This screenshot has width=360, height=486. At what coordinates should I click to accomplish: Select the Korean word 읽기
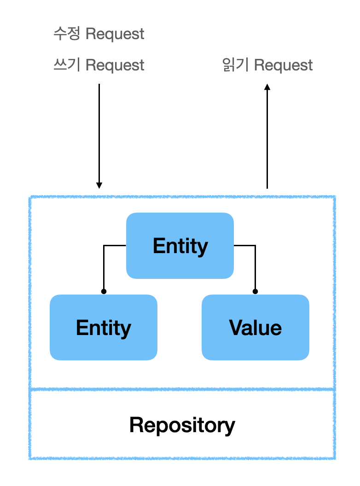coord(236,65)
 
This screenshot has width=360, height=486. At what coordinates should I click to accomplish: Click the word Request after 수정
coord(115,34)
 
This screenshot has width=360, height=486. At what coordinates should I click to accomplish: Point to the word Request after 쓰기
coord(115,65)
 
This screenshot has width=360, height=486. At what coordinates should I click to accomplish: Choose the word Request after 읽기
coord(284,65)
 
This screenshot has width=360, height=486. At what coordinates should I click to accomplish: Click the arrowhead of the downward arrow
coord(99,185)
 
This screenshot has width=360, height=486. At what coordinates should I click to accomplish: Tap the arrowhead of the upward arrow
coord(267,87)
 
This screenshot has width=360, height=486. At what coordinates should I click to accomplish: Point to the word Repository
coord(182,425)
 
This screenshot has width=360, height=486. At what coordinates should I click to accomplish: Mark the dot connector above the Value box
coord(255,291)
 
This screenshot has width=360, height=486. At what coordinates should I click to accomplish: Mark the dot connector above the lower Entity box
coord(104,291)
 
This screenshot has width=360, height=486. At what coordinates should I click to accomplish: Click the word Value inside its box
coord(255,328)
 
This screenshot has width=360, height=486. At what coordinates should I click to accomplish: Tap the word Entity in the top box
coord(180,246)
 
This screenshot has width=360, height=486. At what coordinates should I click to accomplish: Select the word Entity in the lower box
coord(104,328)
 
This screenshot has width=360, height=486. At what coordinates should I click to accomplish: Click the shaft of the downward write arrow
coord(99,133)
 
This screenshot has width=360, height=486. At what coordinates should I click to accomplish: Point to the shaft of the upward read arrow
coord(267,138)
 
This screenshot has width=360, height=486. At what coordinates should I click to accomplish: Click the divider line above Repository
coord(182,389)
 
